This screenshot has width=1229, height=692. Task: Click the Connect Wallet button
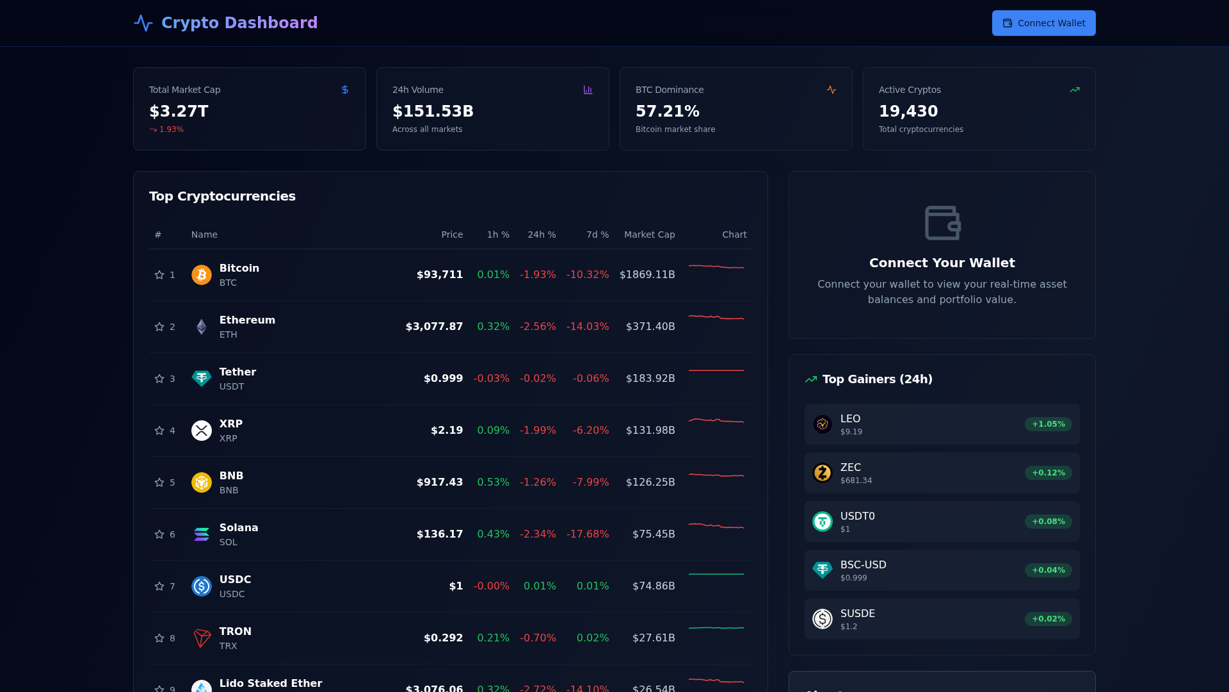click(1043, 23)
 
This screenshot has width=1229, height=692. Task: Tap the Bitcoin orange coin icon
click(201, 275)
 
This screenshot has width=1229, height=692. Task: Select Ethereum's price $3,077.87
click(434, 327)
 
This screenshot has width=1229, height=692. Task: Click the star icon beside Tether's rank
click(159, 379)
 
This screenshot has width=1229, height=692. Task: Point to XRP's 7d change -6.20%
click(590, 431)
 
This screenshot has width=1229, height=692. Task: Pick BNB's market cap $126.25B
click(650, 482)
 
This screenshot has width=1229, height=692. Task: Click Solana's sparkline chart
click(716, 527)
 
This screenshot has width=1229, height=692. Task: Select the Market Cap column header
click(649, 235)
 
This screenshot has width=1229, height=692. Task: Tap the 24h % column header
click(542, 235)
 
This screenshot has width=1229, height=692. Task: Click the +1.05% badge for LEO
click(1048, 424)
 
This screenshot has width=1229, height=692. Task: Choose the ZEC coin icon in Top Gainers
click(822, 473)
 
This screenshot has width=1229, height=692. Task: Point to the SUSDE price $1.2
click(848, 627)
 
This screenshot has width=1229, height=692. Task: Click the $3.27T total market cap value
click(179, 111)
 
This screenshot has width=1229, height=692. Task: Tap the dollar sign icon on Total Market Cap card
click(345, 90)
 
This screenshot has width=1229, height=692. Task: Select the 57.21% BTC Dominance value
click(667, 111)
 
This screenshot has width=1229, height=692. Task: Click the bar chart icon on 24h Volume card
click(588, 90)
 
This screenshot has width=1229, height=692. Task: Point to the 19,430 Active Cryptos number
click(908, 111)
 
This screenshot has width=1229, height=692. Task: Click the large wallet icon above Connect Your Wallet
click(942, 223)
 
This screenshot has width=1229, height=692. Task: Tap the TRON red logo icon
click(201, 638)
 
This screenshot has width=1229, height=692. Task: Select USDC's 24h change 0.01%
click(539, 586)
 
